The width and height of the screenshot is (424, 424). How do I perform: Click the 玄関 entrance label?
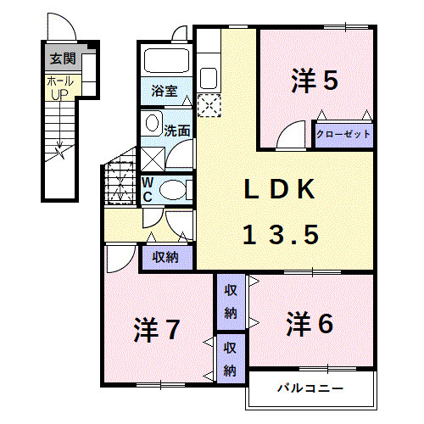60,59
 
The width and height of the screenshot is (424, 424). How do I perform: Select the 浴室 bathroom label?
163,91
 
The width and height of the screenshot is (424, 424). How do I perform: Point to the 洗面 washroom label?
176,131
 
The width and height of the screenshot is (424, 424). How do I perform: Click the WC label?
147,189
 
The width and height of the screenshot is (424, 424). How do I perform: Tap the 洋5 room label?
315,81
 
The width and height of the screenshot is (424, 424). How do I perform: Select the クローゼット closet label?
343,134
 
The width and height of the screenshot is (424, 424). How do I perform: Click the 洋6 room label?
309,323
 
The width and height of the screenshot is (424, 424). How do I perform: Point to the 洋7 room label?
156,329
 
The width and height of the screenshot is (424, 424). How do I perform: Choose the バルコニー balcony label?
310,389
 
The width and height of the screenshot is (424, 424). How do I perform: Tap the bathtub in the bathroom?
166,61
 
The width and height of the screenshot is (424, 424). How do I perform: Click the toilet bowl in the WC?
173,189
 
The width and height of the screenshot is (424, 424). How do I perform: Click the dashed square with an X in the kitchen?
209,105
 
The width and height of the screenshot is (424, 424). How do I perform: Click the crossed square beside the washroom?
153,159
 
